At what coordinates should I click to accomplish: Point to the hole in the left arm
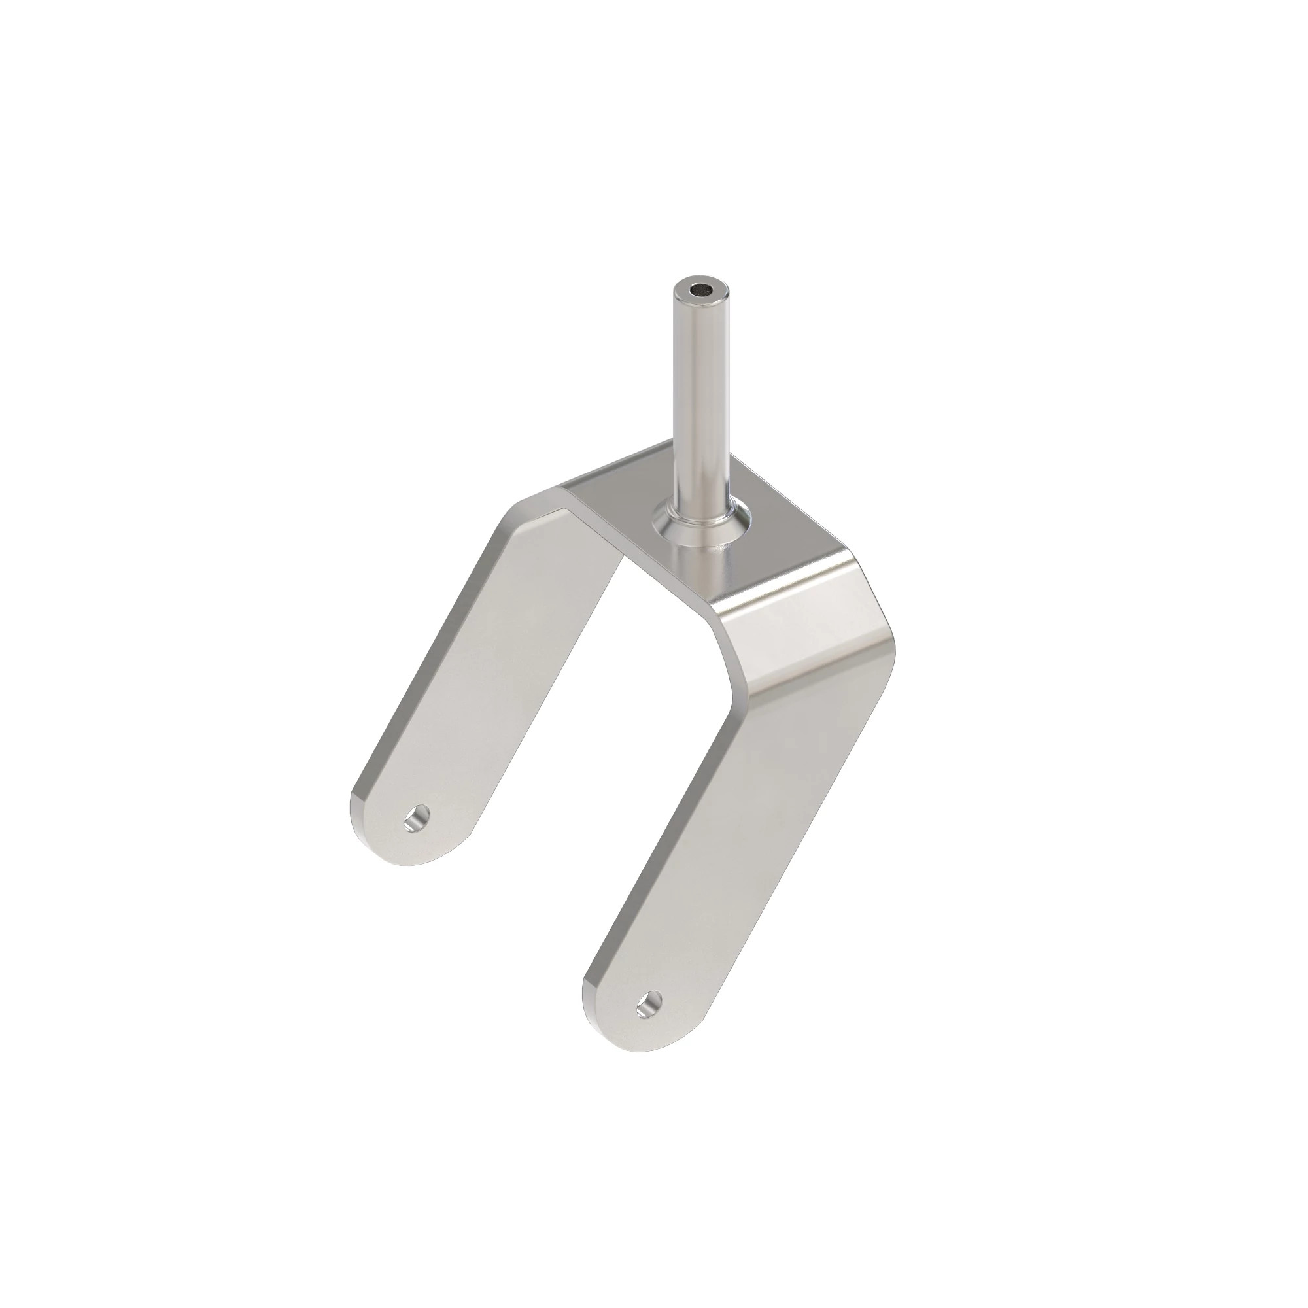tap(419, 820)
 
